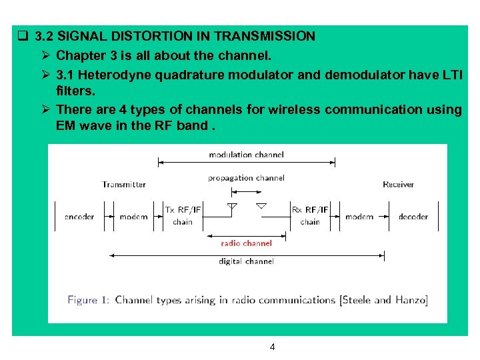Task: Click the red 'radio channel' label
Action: point(246,243)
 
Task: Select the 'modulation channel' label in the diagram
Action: point(246,155)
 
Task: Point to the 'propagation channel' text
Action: point(246,178)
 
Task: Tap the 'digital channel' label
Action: point(246,261)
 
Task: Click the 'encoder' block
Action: point(79,217)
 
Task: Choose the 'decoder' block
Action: point(413,217)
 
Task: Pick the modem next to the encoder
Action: point(133,217)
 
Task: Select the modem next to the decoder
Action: point(359,217)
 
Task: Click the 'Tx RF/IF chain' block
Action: point(183,215)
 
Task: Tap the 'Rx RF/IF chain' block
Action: point(310,215)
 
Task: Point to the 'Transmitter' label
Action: point(124,185)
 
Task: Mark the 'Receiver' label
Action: point(398,185)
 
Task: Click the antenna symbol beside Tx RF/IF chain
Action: point(232,207)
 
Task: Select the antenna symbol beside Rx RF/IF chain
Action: point(261,206)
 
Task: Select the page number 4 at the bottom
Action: point(272,347)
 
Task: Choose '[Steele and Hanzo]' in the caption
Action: point(384,300)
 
